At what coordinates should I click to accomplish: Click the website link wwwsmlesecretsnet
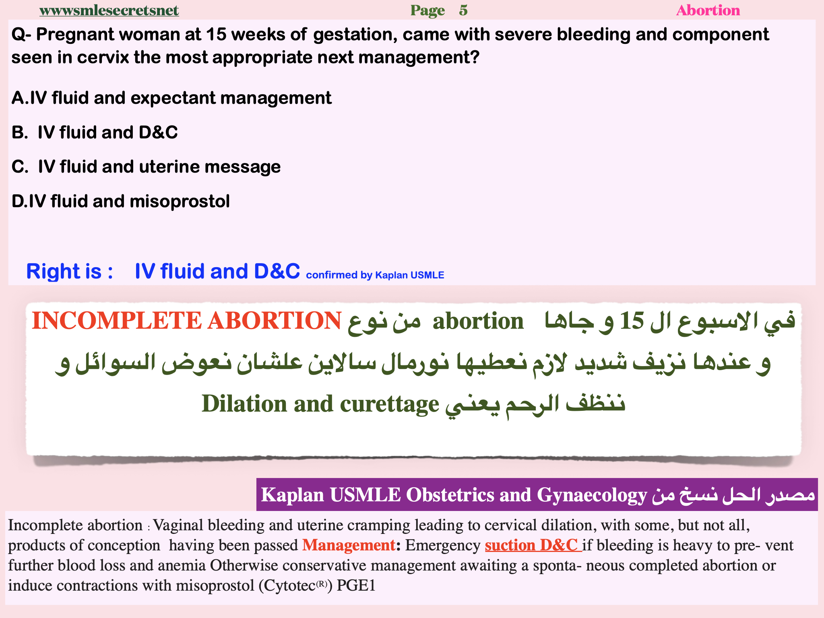(x=109, y=10)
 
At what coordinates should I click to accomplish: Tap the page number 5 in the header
(x=463, y=10)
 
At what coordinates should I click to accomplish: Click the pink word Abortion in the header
(x=708, y=10)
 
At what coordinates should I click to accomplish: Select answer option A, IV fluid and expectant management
(x=171, y=98)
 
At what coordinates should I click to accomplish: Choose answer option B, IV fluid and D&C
(x=95, y=132)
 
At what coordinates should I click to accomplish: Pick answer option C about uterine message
(x=146, y=167)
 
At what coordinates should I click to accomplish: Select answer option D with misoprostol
(x=120, y=201)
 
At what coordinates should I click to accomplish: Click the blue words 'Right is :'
(x=69, y=271)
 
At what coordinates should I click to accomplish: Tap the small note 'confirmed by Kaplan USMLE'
(x=375, y=275)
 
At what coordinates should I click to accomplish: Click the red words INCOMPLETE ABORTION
(x=186, y=321)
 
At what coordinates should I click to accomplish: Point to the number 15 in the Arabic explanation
(x=632, y=321)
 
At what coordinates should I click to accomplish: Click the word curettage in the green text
(x=390, y=404)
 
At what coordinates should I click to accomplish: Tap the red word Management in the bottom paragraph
(x=349, y=545)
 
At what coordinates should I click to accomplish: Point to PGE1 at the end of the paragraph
(x=356, y=585)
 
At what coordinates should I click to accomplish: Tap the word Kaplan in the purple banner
(x=292, y=495)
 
